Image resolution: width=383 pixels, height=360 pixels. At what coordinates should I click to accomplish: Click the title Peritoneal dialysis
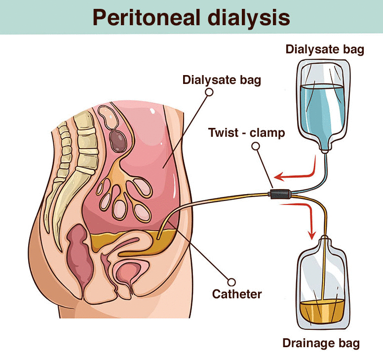coord(191,18)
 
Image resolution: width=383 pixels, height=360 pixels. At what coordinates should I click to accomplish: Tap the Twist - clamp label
coord(246,133)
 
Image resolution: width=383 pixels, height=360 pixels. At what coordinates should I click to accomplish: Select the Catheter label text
coord(237,294)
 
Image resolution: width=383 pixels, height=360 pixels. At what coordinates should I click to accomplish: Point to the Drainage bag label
coord(321,343)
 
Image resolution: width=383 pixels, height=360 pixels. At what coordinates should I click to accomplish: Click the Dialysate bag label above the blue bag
coord(325,49)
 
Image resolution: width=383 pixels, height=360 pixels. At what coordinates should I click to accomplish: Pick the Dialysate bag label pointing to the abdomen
coord(222,80)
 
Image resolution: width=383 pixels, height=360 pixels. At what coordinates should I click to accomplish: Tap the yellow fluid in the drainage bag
coord(322,311)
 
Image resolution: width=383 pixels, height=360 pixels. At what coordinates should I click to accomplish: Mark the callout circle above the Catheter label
coord(231,282)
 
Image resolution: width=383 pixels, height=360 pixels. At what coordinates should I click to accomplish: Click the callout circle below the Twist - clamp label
coord(256,146)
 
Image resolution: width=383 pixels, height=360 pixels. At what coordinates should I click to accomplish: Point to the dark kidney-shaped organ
coord(118,141)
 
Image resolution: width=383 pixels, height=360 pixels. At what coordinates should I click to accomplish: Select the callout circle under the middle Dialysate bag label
coord(209,92)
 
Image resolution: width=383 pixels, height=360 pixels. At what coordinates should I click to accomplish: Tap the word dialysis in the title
coord(249,18)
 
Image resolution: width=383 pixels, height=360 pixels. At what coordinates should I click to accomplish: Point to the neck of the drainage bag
coord(325,240)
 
